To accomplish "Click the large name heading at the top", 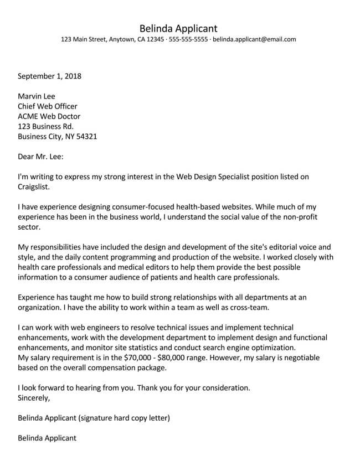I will click(178, 28).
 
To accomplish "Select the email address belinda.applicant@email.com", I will click(254, 40).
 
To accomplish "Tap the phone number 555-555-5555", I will click(188, 40).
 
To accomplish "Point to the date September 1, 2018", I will click(49, 76).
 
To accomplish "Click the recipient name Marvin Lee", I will click(37, 96).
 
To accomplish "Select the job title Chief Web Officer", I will click(48, 106).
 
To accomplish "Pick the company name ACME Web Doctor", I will click(49, 116).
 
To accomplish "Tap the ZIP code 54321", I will click(85, 136).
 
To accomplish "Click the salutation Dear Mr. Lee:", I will click(41, 157).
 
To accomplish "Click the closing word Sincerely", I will click(34, 397).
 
